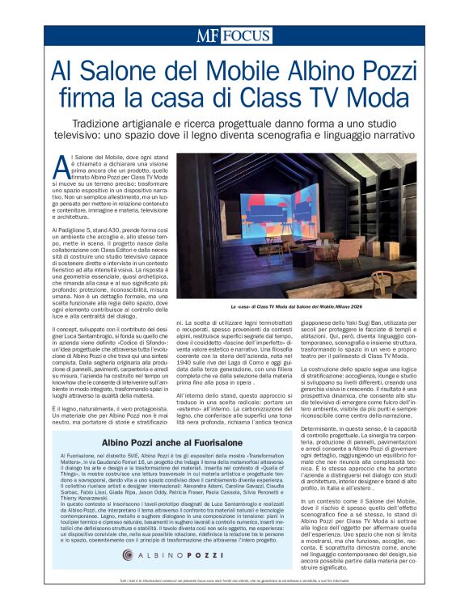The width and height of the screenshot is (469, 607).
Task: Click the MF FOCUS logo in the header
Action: (x=234, y=35)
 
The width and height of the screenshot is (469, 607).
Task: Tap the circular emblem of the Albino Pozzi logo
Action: (x=128, y=556)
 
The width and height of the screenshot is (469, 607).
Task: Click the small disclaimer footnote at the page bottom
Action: (x=234, y=581)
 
